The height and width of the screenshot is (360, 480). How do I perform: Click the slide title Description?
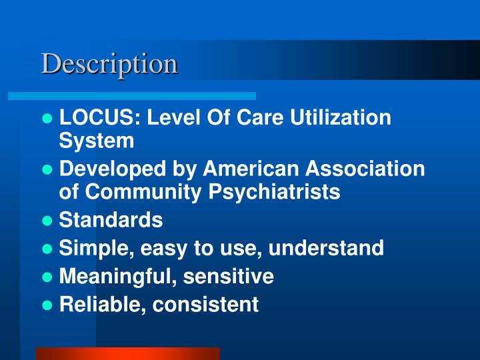pyautogui.click(x=109, y=64)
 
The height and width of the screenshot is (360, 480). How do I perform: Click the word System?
pyautogui.click(x=97, y=141)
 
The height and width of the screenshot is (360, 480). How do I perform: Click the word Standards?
pyautogui.click(x=111, y=220)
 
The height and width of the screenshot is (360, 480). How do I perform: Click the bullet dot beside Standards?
pyautogui.click(x=47, y=221)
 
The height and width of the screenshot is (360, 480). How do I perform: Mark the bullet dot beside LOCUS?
pyautogui.click(x=47, y=119)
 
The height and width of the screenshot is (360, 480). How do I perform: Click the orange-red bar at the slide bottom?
pyautogui.click(x=127, y=353)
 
